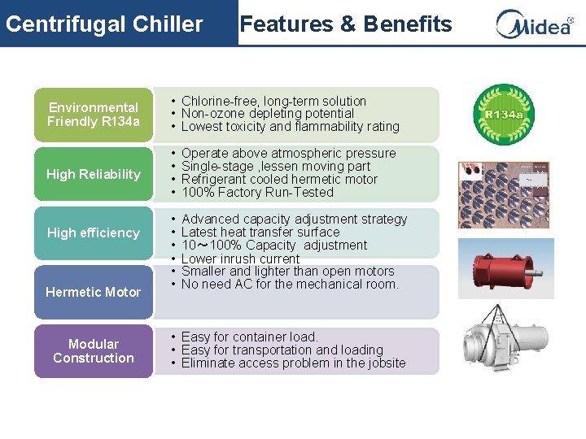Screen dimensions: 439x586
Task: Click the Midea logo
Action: pyautogui.click(x=534, y=24)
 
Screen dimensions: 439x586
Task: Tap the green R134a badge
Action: pyautogui.click(x=504, y=115)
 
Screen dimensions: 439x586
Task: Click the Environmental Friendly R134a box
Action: pyautogui.click(x=94, y=115)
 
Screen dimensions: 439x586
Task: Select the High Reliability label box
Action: pyautogui.click(x=94, y=174)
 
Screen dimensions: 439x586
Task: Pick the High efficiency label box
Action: pyautogui.click(x=94, y=233)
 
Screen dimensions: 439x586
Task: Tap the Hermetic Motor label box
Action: pyautogui.click(x=94, y=292)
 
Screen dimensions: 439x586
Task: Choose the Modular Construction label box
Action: pyautogui.click(x=94, y=351)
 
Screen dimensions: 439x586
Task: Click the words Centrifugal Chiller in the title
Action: pyautogui.click(x=104, y=24)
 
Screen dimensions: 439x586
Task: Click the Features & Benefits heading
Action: pyautogui.click(x=346, y=24)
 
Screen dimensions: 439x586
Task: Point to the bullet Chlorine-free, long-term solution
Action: pyautogui.click(x=273, y=101)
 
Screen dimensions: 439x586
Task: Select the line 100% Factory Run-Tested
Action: pyautogui.click(x=257, y=192)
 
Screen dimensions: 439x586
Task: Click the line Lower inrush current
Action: pyautogui.click(x=240, y=259)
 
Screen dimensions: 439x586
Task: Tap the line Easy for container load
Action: pyautogui.click(x=249, y=337)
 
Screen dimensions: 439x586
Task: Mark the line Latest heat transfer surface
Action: pyautogui.click(x=260, y=233)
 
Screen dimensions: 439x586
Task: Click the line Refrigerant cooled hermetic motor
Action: pyautogui.click(x=279, y=179)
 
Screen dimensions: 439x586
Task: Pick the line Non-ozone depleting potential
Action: pyautogui.click(x=268, y=114)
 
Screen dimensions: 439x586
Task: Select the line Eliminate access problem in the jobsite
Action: pyautogui.click(x=293, y=363)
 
